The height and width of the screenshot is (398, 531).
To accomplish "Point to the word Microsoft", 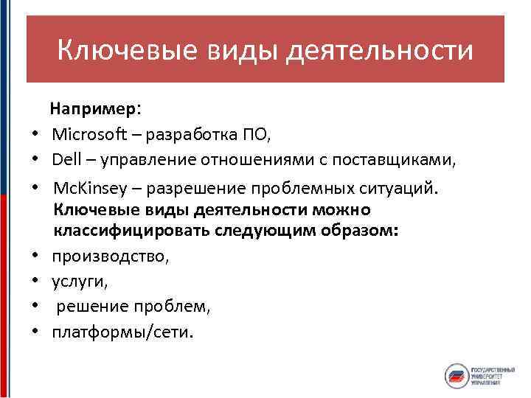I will point(87,135).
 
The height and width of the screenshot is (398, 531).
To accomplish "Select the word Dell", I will point(66,159).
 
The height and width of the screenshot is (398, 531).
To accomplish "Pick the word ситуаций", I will point(399,187).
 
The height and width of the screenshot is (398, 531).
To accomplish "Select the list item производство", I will point(110,256).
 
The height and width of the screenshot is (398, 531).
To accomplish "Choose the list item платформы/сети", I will point(122,332).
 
